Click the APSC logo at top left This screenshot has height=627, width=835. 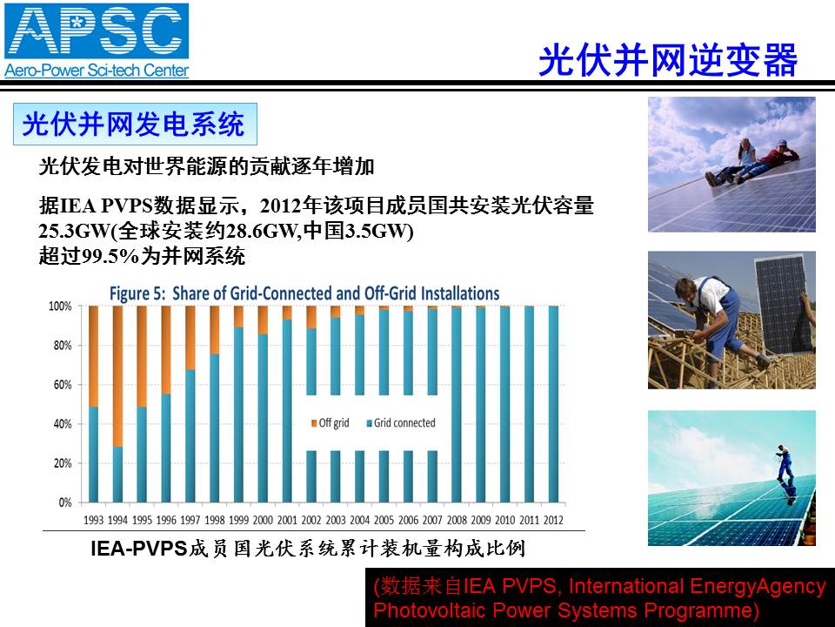[97, 41]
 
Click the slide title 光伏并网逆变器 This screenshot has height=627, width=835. [668, 60]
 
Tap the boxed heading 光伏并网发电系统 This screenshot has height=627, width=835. [135, 125]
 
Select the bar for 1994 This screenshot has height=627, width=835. [117, 404]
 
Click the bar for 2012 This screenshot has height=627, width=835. [553, 404]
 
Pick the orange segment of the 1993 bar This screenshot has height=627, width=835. [93, 356]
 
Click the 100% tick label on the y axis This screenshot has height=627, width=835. [60, 306]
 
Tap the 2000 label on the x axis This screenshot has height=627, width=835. [263, 520]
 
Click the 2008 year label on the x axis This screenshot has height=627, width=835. [457, 520]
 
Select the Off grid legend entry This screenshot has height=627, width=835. [331, 423]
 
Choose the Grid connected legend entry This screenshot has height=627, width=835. [400, 423]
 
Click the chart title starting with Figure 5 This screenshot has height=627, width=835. [304, 293]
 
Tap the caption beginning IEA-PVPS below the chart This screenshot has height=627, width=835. [308, 548]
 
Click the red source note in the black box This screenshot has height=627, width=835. [599, 598]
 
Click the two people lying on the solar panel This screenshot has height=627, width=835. [751, 162]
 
